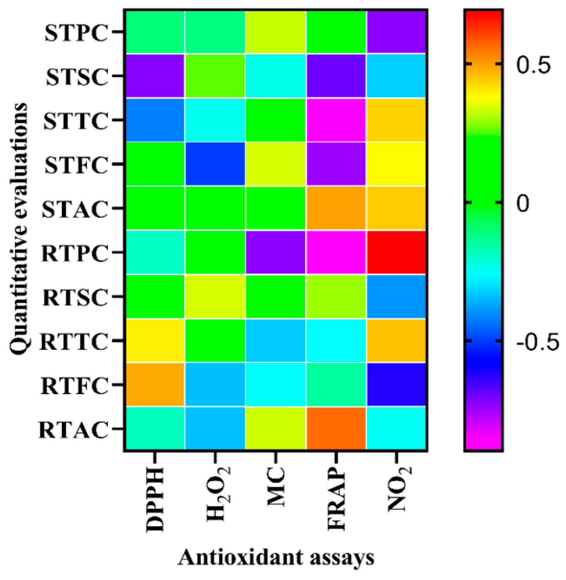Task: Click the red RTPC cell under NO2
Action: point(396,252)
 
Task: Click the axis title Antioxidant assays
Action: point(276,557)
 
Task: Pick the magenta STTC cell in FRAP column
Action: point(336,120)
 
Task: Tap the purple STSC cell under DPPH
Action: point(155,76)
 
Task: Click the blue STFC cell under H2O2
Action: point(215,164)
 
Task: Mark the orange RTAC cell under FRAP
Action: point(336,428)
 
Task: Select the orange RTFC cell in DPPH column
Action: point(155,384)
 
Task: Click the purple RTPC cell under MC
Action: point(276,252)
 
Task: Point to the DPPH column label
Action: point(155,499)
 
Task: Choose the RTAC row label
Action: point(73,430)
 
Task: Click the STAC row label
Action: point(75,209)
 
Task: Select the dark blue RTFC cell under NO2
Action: point(396,384)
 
